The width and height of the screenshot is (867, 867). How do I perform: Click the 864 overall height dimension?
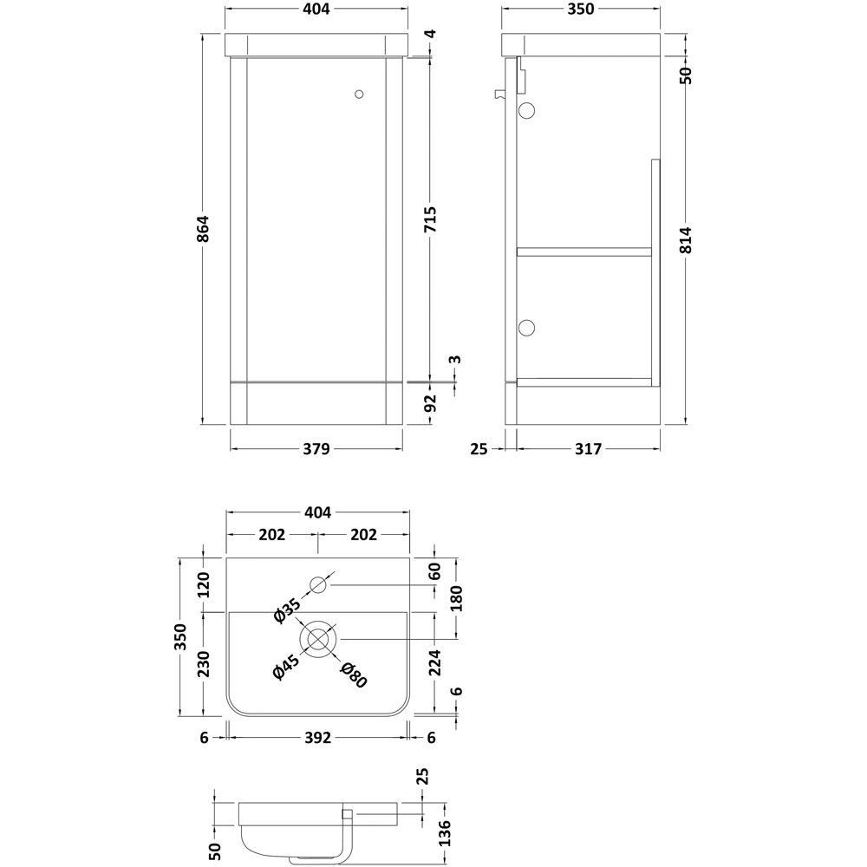point(204,229)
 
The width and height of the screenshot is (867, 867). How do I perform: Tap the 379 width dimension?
point(316,448)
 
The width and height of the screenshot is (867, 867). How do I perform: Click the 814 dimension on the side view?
point(686,233)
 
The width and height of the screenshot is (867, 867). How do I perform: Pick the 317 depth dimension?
point(587,448)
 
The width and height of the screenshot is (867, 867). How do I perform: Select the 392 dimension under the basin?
point(317,738)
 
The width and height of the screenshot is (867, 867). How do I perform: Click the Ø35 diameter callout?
point(286,610)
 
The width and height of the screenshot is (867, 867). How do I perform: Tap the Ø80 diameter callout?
point(354,675)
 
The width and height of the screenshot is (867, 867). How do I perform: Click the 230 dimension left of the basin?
point(204,665)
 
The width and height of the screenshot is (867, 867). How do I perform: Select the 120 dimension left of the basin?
point(204,585)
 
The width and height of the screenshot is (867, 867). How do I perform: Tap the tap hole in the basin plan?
point(318,584)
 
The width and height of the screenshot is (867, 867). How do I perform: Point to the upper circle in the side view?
point(527,110)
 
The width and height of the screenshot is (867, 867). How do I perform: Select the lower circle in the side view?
point(527,327)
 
